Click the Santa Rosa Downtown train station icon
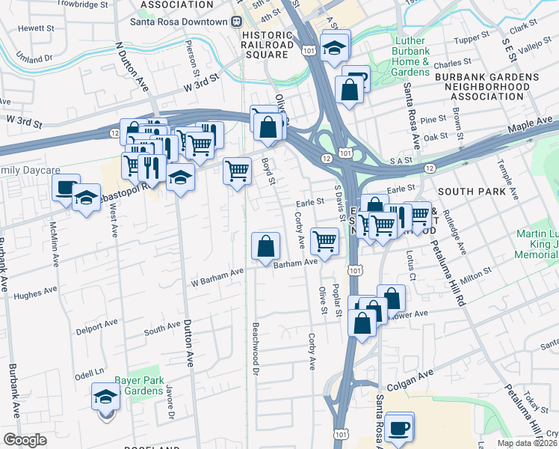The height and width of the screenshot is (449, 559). (x=236, y=22)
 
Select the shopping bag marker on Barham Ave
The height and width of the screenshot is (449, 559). (x=266, y=246)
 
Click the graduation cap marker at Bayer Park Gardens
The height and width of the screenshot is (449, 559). (x=106, y=397)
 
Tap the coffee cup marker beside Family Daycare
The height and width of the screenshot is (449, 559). (x=67, y=188)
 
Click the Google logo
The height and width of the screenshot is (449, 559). (x=25, y=440)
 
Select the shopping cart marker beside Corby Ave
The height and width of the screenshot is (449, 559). (x=324, y=241)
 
